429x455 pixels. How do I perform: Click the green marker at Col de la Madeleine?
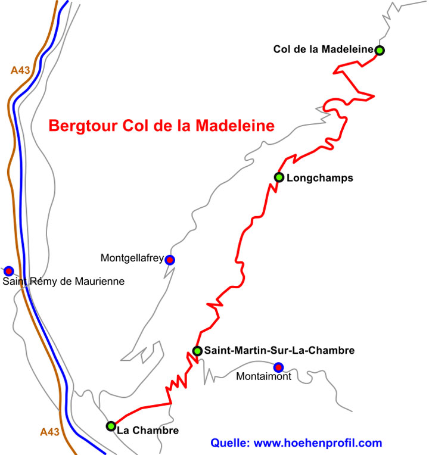(380, 51)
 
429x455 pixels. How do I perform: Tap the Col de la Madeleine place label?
(323, 49)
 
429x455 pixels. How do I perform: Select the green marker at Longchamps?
(278, 177)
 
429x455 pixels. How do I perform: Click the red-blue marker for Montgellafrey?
(170, 260)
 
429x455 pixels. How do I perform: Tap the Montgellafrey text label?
(132, 258)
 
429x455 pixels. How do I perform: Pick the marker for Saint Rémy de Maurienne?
(8, 270)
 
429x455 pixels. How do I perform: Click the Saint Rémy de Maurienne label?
(64, 282)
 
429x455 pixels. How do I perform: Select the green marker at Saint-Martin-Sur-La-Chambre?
(197, 351)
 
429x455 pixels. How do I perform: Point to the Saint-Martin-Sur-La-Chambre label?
(279, 351)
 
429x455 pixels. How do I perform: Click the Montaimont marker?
(278, 367)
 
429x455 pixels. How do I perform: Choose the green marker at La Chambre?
(111, 426)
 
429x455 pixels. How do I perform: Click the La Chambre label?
(148, 429)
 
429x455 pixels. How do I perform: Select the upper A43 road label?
(20, 70)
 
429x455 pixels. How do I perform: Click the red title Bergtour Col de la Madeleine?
(161, 126)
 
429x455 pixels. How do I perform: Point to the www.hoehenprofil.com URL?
(318, 443)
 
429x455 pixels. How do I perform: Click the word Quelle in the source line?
(230, 443)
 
